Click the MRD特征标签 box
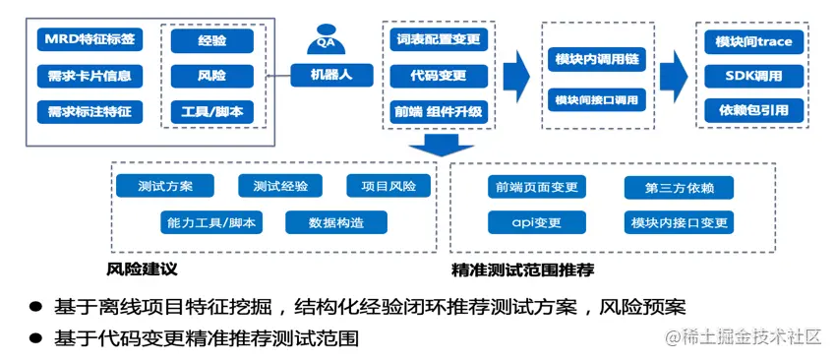[87, 40]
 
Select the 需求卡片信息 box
[87, 76]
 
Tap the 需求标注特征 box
[87, 111]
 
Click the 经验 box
[211, 41]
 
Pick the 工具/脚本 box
[211, 111]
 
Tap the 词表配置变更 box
[435, 40]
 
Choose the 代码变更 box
[435, 76]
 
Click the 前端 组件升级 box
[435, 111]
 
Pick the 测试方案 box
[165, 186]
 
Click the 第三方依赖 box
[679, 187]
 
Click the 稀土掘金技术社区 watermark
[744, 337]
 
